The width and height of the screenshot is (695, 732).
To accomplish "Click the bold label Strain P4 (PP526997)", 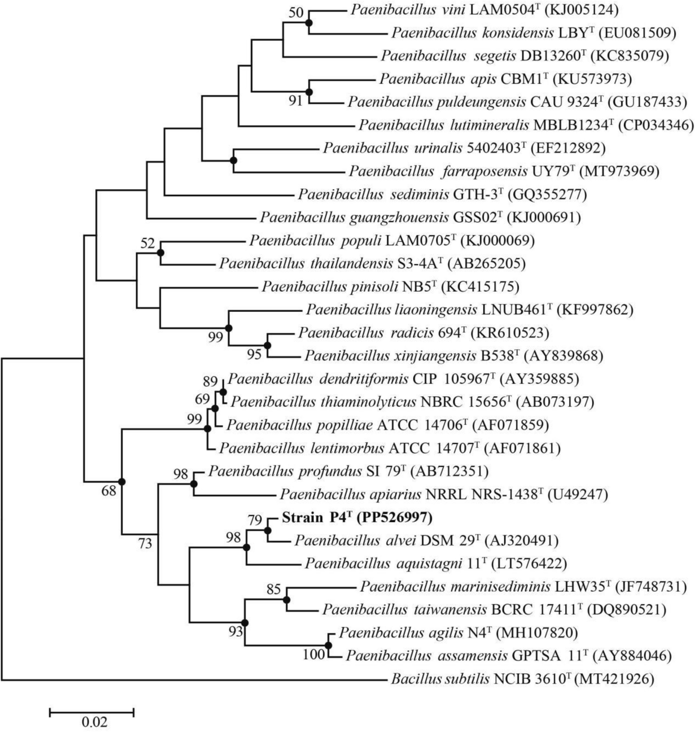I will click(357, 518).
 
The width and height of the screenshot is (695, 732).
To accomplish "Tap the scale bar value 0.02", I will click(94, 721).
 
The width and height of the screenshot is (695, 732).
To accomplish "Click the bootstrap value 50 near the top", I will click(296, 12).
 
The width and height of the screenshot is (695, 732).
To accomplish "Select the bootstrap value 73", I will click(145, 543).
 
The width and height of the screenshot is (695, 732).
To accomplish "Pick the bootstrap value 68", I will click(109, 491).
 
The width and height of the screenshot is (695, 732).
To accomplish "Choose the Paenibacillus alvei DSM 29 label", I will click(426, 541).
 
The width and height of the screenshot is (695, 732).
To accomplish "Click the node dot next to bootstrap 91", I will click(309, 91).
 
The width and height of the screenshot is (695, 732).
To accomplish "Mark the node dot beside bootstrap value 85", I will click(287, 599).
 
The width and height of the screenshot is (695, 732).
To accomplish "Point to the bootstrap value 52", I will click(148, 243).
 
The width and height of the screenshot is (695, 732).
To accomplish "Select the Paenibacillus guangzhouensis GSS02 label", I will click(420, 217).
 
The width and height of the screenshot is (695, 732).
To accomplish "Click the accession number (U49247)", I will click(577, 495).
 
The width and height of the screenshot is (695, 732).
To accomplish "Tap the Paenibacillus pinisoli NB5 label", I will click(390, 287).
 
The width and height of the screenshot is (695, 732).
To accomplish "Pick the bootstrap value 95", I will click(254, 354).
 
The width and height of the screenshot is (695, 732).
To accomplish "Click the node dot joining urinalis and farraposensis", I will click(234, 160).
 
